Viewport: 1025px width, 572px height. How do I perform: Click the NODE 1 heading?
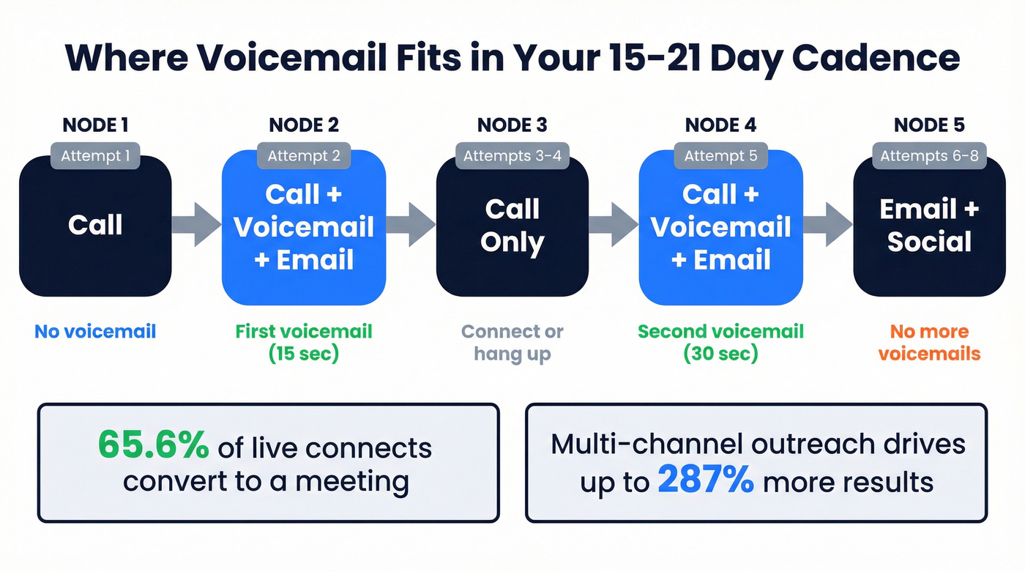point(95,125)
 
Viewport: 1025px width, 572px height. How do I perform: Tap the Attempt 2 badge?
point(304,155)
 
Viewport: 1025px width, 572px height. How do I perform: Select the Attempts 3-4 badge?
point(512,155)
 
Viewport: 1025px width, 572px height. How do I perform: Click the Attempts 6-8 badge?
point(929,155)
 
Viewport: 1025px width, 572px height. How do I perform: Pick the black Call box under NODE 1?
point(95,227)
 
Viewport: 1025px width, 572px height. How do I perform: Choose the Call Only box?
point(512,227)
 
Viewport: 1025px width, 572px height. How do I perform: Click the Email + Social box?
point(929,227)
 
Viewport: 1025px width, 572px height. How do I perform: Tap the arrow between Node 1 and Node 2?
point(196,224)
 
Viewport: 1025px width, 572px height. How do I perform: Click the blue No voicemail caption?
point(95,332)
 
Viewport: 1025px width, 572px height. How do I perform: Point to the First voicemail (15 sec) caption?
point(304,342)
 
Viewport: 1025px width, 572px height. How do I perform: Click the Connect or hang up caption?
point(512,342)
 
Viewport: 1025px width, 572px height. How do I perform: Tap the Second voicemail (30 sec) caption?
point(721,342)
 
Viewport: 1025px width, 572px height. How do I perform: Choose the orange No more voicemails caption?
point(929,342)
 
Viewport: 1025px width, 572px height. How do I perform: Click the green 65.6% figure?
point(153,446)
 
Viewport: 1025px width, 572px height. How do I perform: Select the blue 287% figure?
point(705,480)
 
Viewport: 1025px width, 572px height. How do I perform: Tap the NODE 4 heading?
point(721,125)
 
